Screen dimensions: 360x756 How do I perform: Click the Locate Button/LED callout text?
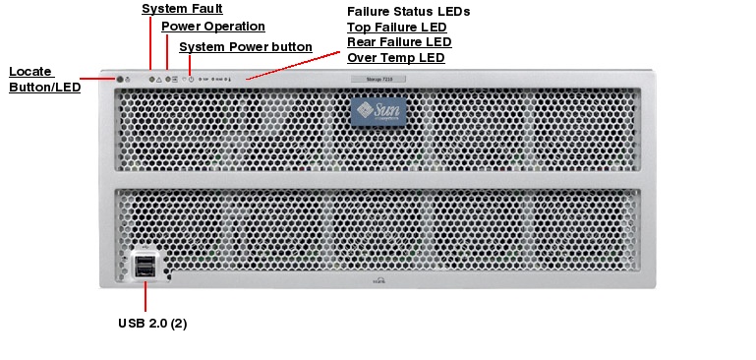(x=44, y=79)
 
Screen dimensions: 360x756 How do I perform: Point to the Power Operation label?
(x=212, y=27)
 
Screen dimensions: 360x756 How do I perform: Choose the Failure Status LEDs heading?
(x=408, y=12)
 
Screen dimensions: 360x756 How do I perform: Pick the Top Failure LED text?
(x=396, y=28)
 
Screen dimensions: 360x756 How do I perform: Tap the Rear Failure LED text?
(x=399, y=42)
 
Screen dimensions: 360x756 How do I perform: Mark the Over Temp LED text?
(x=395, y=58)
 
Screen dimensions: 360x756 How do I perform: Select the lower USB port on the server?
(x=145, y=272)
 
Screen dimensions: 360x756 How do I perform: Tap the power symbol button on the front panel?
(x=191, y=78)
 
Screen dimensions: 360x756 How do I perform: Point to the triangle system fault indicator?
(x=157, y=78)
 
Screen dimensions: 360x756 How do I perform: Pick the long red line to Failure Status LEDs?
(x=295, y=63)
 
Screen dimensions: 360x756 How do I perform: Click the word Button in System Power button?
(x=294, y=46)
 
